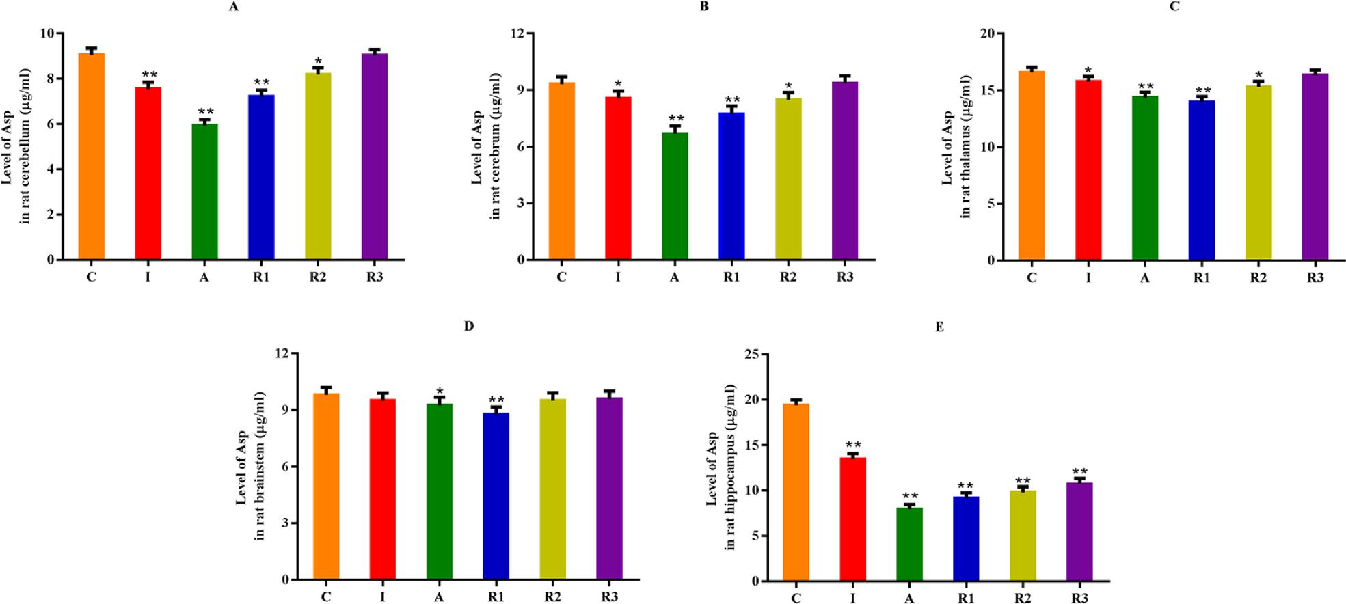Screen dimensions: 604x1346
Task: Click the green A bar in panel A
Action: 204,191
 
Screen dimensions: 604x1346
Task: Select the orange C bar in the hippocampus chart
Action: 796,492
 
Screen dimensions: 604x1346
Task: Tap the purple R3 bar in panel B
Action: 845,171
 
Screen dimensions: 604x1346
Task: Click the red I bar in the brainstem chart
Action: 382,489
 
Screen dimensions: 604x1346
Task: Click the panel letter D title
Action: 469,327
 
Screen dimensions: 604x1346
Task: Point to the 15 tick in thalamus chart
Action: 988,90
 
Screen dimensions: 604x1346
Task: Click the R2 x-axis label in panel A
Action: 318,277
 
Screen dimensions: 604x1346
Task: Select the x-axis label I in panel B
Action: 618,277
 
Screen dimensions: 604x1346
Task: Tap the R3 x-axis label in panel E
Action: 1079,599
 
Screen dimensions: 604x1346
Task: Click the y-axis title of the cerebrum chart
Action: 486,146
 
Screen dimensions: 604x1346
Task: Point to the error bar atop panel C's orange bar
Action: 1032,68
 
